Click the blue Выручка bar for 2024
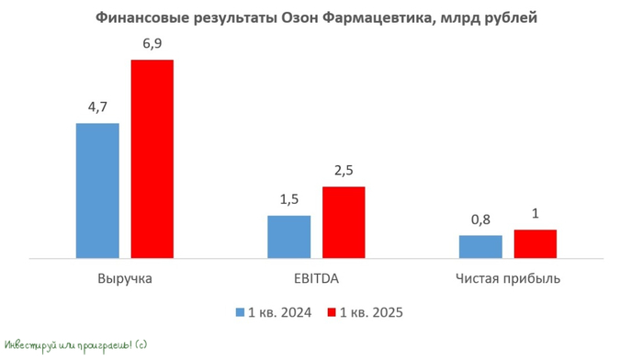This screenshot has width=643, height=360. click(x=97, y=191)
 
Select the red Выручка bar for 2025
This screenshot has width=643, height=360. click(x=152, y=160)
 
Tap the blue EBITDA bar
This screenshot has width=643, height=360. click(x=288, y=237)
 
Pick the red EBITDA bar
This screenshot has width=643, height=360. click(x=344, y=222)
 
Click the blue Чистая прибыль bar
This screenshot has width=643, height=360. click(x=480, y=247)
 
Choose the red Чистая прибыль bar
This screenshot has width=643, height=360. click(x=535, y=244)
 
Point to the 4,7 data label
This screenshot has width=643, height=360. click(x=97, y=108)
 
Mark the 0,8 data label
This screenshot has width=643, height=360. click(x=480, y=220)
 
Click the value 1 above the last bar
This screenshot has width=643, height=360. click(x=535, y=214)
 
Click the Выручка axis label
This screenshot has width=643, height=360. click(x=124, y=277)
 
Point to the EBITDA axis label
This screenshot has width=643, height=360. click(x=316, y=277)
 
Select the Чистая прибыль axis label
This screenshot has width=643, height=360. click(x=508, y=277)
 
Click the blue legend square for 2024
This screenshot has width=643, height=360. click(x=241, y=312)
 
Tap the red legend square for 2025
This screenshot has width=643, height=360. click(x=332, y=312)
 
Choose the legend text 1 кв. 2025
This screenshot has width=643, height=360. click(x=372, y=312)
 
